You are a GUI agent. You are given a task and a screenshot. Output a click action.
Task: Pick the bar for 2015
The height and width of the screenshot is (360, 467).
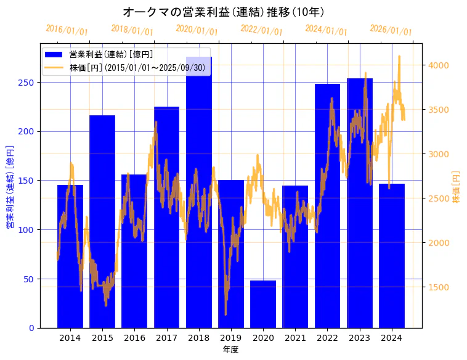click(x=102, y=222)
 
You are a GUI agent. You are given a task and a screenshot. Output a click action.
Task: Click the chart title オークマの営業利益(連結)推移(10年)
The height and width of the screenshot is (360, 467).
click(x=224, y=12)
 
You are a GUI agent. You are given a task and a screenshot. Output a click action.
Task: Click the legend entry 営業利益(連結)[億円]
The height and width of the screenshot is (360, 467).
click(x=111, y=55)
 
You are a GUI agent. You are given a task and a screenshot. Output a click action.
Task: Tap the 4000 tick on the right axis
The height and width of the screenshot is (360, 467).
click(x=439, y=65)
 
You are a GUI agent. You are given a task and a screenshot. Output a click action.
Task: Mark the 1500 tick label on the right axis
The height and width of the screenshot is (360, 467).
click(x=439, y=287)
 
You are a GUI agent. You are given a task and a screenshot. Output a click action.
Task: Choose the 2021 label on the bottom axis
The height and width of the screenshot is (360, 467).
click(x=295, y=338)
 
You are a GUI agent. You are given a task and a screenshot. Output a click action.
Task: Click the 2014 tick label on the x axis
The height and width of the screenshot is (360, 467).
click(x=70, y=338)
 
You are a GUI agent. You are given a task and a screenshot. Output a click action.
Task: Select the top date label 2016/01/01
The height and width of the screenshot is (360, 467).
click(x=67, y=30)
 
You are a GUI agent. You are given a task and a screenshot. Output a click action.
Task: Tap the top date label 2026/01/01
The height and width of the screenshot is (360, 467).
click(x=391, y=30)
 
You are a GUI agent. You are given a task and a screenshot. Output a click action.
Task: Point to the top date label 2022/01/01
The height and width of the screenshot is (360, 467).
click(x=261, y=30)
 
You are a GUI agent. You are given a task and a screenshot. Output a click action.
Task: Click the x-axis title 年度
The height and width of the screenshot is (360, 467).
click(x=230, y=350)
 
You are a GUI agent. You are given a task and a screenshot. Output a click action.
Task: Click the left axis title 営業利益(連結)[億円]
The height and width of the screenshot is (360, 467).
click(x=10, y=187)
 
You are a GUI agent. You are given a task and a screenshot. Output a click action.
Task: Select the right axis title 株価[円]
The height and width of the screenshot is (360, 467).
click(x=457, y=187)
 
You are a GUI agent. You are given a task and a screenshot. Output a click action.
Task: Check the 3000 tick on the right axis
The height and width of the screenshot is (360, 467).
click(x=439, y=154)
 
